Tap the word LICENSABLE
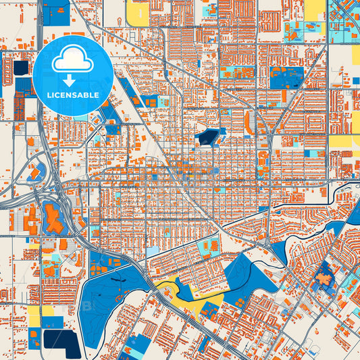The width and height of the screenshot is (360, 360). click(x=73, y=95)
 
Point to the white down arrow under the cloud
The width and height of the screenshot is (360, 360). click(x=73, y=80)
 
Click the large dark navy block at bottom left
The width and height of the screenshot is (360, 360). click(x=59, y=340)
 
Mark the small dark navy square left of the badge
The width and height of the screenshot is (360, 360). click(x=21, y=68)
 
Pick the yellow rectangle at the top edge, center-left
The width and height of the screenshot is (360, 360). click(x=138, y=14)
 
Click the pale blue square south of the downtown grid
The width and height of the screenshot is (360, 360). click(x=154, y=251)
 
